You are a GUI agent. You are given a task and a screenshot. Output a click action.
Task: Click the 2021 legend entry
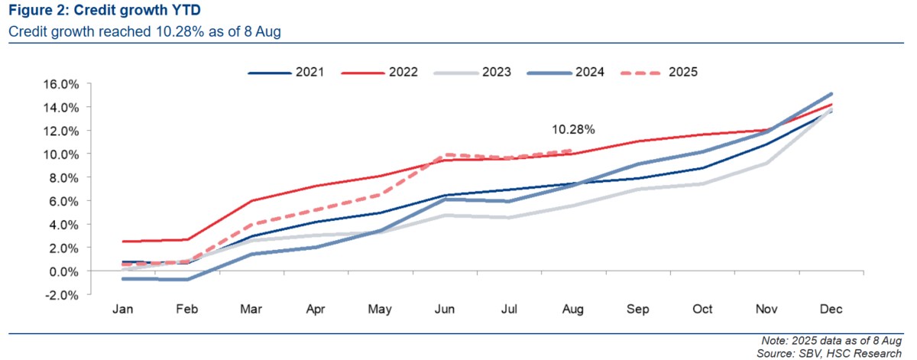point(286,72)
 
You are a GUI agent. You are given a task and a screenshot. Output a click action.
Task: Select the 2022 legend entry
point(379,72)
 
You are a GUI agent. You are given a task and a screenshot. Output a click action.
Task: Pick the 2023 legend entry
point(472,72)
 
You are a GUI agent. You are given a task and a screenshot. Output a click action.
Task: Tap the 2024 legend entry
point(565,72)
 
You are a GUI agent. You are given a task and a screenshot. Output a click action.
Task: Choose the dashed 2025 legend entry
point(659,72)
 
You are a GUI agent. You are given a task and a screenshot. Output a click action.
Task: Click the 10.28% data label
point(573,129)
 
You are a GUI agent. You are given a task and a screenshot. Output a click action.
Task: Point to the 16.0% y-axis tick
point(61,84)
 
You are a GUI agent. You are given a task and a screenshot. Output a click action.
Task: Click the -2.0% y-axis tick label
point(61,295)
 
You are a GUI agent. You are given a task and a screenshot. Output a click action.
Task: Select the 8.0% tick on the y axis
point(64,178)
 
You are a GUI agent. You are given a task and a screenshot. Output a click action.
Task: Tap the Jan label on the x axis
point(122,309)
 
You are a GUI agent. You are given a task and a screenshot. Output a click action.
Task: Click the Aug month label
point(572,309)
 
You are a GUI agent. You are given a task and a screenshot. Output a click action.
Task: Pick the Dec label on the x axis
point(831,309)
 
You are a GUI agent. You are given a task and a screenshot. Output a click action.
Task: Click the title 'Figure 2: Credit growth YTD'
point(105,10)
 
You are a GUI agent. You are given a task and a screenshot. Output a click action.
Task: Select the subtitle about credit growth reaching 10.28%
point(144,31)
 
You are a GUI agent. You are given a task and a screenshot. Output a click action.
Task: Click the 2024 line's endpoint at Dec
point(831,94)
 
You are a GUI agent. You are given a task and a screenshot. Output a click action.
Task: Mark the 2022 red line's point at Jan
point(123,242)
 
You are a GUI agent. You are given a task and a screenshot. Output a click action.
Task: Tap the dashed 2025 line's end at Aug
point(571,151)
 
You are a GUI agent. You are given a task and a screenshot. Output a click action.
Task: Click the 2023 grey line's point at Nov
point(766,164)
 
